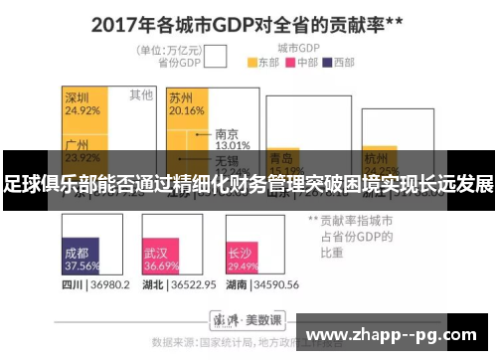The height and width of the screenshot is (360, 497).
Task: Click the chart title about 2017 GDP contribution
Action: point(248,23)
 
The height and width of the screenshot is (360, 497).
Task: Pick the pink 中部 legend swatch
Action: point(291,62)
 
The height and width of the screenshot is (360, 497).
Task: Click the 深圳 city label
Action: point(78,97)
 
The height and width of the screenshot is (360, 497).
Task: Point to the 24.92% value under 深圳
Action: point(82,110)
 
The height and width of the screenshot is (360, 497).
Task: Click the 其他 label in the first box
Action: point(141,95)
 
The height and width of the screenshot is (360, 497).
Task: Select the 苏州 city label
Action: point(181,97)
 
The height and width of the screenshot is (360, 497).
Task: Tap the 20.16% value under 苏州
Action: point(186,110)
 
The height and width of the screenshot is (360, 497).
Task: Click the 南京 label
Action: point(227,133)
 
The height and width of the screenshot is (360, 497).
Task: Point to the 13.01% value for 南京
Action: point(232,145)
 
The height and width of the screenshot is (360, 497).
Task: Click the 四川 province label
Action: point(72,284)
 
